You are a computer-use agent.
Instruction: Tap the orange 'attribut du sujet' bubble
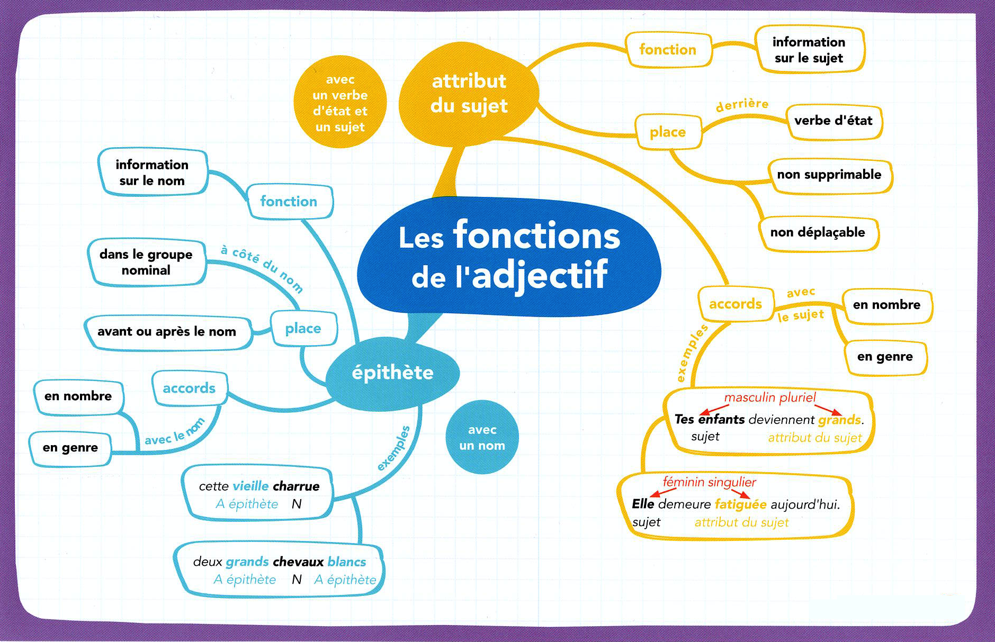pyautogui.click(x=469, y=94)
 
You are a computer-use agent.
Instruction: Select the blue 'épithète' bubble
pyautogui.click(x=392, y=373)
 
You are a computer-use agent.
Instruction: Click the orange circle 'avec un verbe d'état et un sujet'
pyautogui.click(x=340, y=103)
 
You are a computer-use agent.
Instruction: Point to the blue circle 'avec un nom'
pyautogui.click(x=482, y=438)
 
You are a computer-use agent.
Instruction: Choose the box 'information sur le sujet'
pyautogui.click(x=809, y=50)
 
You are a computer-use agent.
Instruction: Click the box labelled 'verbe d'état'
pyautogui.click(x=833, y=121)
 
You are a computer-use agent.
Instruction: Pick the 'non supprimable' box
pyautogui.click(x=829, y=175)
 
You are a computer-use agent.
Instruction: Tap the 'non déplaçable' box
pyautogui.click(x=818, y=232)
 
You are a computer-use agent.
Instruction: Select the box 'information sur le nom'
pyautogui.click(x=152, y=173)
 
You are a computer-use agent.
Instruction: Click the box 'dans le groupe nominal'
pyautogui.click(x=146, y=262)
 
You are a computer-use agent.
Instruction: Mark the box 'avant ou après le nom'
pyautogui.click(x=167, y=332)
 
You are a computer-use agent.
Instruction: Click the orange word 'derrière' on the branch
pyautogui.click(x=742, y=105)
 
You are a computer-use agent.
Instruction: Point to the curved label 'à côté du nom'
pyautogui.click(x=262, y=268)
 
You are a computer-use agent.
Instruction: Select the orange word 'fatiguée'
pyautogui.click(x=740, y=504)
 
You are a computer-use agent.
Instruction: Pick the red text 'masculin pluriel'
pyautogui.click(x=769, y=397)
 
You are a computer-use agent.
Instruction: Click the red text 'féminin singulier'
pyautogui.click(x=709, y=482)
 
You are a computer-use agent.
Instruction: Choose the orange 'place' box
pyautogui.click(x=668, y=132)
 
